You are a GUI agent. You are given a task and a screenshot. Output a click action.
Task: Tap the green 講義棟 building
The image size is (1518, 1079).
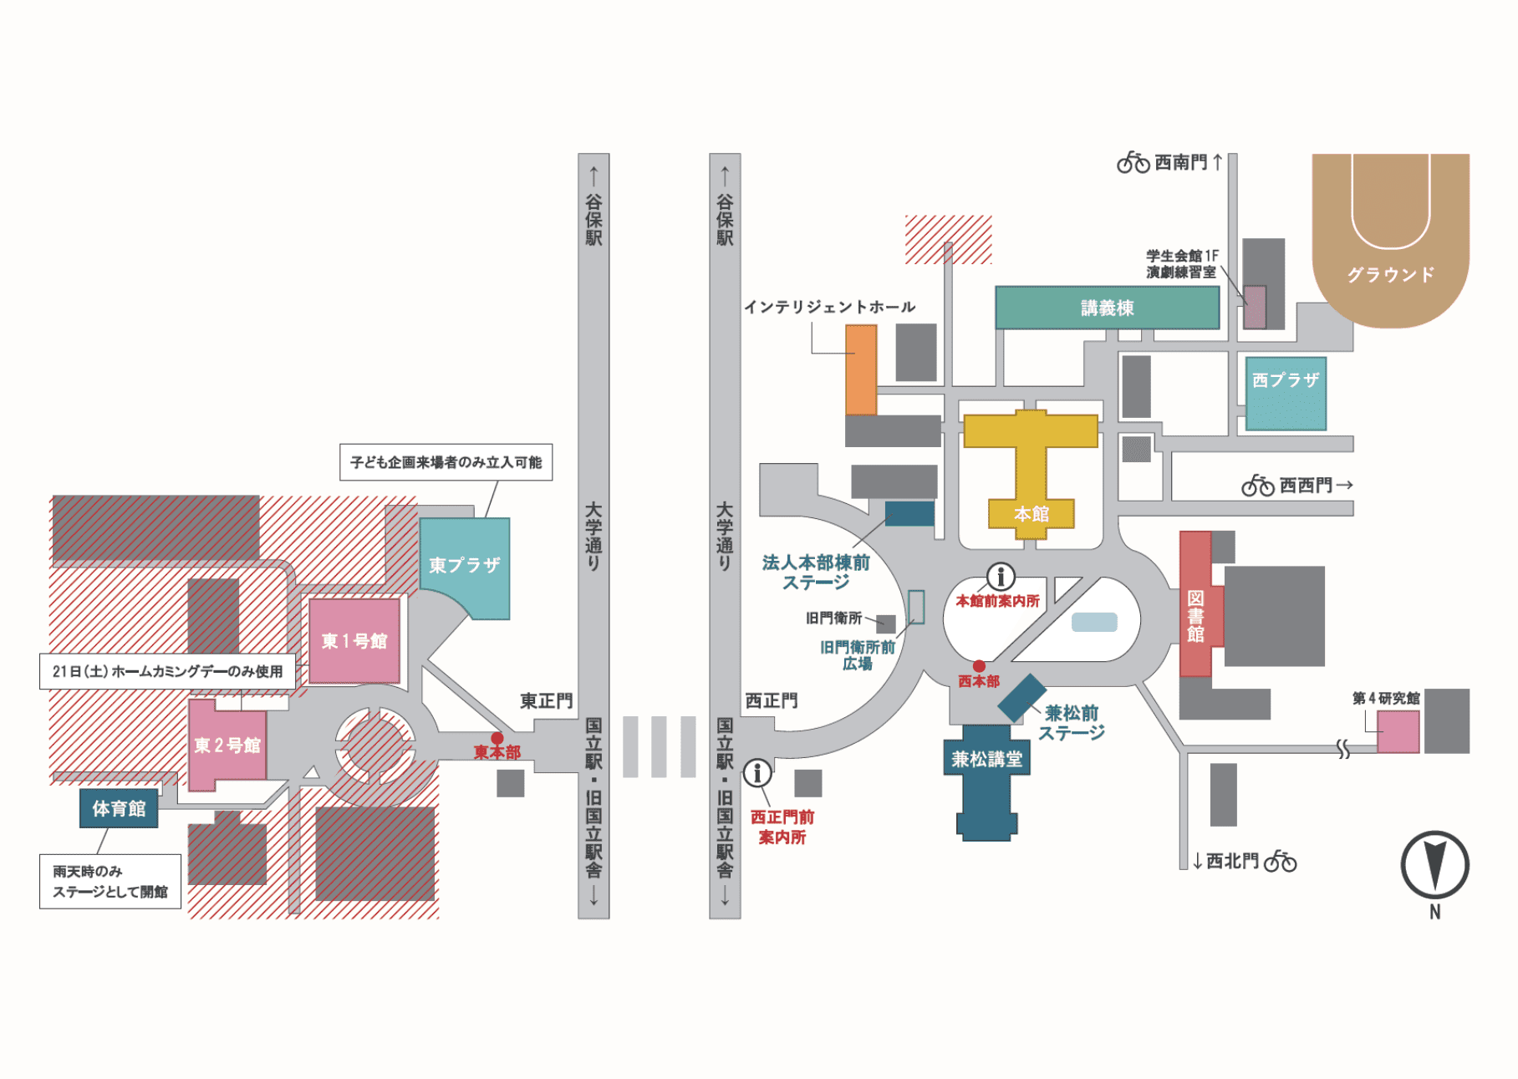point(1107,308)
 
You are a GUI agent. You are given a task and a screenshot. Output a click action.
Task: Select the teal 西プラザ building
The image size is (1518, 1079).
point(1286,394)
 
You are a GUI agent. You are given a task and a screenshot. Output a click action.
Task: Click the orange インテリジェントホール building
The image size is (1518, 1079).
point(861,369)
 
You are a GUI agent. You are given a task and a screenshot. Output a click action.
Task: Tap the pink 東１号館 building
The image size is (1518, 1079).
point(354,641)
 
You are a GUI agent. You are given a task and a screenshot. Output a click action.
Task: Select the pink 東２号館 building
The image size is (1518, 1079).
point(226,745)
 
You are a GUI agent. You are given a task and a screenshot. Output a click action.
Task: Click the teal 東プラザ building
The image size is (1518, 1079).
point(465,566)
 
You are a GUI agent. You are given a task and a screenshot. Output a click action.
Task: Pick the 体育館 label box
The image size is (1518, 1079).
point(119,808)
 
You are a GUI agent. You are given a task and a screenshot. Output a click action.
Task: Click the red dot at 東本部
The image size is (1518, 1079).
point(497,738)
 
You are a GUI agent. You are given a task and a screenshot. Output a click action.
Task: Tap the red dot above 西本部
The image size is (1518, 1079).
point(979,666)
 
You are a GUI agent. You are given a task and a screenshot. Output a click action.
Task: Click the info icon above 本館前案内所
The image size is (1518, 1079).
point(1001,576)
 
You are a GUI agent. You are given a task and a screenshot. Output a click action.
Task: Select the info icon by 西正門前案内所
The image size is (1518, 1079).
point(757,772)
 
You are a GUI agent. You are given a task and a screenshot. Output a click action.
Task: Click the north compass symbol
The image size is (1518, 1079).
point(1435,865)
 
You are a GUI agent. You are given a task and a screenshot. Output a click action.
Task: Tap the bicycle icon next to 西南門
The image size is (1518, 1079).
point(1133,162)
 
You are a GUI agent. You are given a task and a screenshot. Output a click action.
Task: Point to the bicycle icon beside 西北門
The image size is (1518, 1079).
point(1280,861)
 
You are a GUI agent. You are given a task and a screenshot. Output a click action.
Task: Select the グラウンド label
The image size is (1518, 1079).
point(1391,275)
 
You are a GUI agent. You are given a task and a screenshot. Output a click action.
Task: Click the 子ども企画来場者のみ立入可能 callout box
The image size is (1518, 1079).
point(446,462)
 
